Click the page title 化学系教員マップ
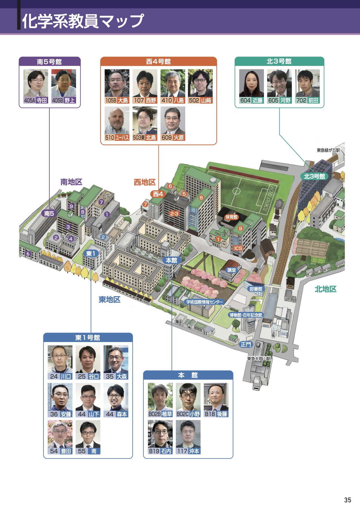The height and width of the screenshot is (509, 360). (83, 21)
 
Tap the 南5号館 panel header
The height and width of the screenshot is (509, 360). (49, 62)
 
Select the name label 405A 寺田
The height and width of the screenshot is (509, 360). (35, 100)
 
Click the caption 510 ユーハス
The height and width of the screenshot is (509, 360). (117, 138)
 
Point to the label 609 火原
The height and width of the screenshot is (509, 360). (173, 138)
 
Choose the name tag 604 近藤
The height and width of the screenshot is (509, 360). (251, 100)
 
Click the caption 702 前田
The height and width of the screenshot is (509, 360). (307, 100)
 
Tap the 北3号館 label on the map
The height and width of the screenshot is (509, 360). (314, 176)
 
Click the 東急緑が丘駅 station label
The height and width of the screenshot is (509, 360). (328, 150)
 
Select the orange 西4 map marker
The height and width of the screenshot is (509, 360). (158, 194)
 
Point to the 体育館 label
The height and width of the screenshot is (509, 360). (231, 217)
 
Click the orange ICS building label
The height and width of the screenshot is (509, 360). (238, 248)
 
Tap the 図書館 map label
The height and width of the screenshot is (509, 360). (256, 289)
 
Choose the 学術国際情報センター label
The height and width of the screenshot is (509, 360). (205, 302)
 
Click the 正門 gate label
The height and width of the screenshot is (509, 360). (246, 344)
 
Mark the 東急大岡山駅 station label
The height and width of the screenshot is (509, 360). (259, 359)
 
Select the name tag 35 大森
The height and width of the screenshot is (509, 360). (116, 376)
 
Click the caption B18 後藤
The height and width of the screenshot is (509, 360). (216, 414)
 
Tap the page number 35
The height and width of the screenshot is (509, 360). (348, 500)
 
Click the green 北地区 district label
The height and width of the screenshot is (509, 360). (326, 289)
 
